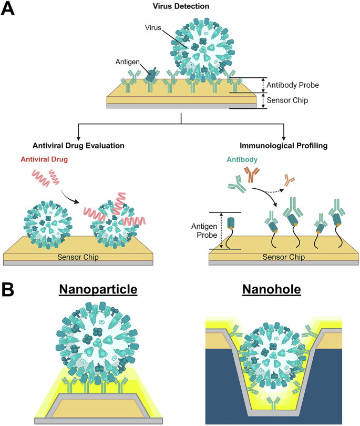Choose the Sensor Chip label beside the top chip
click(x=289, y=100)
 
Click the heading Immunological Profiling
click(x=283, y=145)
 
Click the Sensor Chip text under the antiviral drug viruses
click(x=78, y=257)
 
